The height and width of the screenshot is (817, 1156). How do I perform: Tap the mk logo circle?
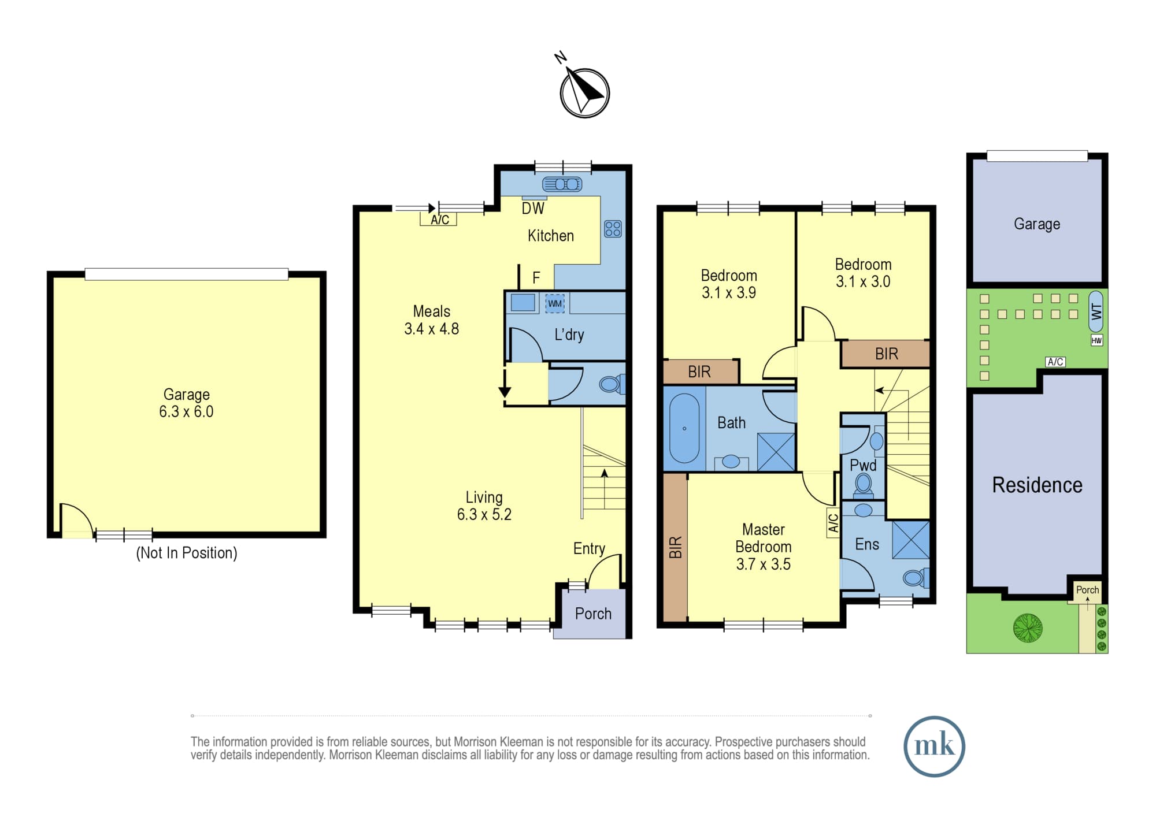(x=934, y=746)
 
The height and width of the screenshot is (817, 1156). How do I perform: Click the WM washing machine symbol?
(x=555, y=303)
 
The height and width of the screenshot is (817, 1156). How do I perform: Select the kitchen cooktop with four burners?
(x=613, y=229)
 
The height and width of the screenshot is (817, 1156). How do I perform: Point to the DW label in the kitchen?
(x=533, y=209)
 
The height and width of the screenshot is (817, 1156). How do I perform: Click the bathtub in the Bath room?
(x=684, y=428)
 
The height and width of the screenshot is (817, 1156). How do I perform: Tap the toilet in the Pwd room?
(x=864, y=484)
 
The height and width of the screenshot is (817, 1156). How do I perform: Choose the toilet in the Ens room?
(x=916, y=577)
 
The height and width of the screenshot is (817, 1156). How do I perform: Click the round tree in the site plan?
(x=1028, y=627)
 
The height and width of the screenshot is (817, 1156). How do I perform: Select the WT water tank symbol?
(x=1096, y=312)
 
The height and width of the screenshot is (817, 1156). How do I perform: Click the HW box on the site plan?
(x=1096, y=340)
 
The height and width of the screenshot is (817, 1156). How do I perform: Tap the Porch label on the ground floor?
(x=593, y=614)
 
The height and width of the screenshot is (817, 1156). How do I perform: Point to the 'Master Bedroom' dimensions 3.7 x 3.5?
(x=763, y=564)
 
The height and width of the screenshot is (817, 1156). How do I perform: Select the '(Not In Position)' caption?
(x=187, y=553)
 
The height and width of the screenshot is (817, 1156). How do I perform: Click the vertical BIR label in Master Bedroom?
(x=676, y=547)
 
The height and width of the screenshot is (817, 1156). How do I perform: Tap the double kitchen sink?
(x=562, y=184)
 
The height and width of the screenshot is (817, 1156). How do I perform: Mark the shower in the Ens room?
(x=911, y=540)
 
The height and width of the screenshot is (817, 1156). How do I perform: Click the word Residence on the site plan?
(x=1037, y=485)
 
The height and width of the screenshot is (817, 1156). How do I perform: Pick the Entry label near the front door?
(x=589, y=549)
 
